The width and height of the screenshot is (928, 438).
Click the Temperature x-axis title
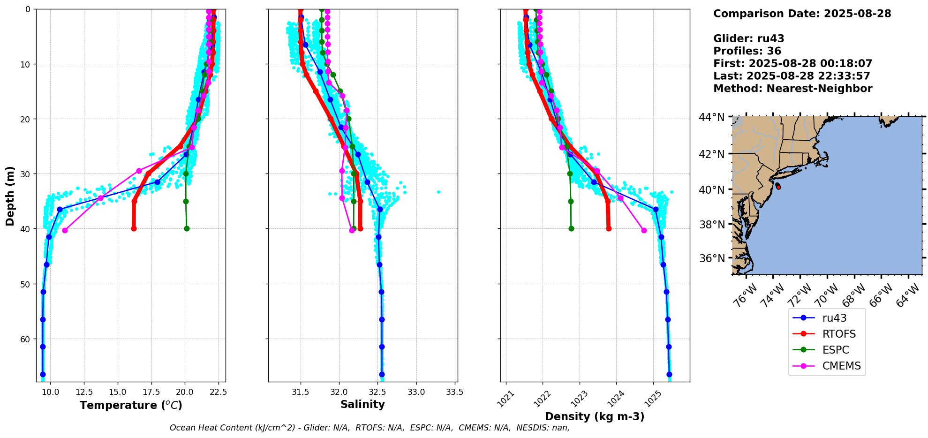click(131, 405)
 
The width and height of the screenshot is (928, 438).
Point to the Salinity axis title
click(362, 404)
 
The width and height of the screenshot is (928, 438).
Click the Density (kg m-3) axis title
click(595, 416)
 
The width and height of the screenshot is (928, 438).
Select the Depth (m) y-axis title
click(10, 196)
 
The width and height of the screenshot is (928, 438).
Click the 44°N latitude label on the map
click(712, 117)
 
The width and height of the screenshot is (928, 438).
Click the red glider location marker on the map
click(778, 187)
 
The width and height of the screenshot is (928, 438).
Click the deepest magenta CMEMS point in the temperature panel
click(65, 230)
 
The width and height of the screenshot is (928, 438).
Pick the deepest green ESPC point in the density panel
click(571, 229)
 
